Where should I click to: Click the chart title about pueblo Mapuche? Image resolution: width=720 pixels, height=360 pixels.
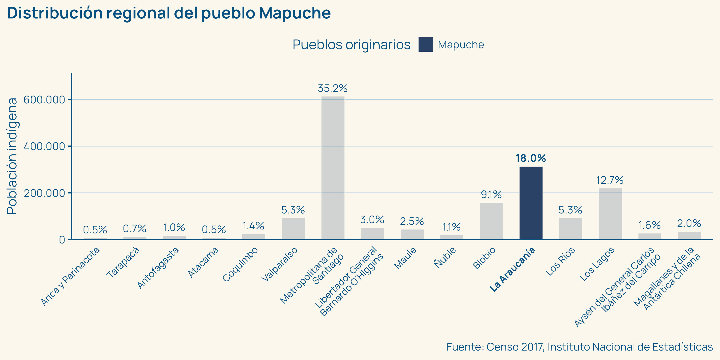[169, 13]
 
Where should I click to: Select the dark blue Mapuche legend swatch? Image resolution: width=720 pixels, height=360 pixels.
[426, 45]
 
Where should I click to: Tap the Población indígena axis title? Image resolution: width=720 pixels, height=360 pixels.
[12, 156]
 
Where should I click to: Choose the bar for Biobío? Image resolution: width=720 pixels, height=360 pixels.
[491, 221]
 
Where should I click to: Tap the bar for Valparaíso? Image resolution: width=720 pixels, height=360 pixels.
[293, 228]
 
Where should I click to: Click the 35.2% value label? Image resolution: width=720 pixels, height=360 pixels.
[333, 89]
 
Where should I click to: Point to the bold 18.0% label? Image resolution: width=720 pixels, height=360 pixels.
[531, 159]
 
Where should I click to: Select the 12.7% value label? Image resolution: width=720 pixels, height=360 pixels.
[610, 180]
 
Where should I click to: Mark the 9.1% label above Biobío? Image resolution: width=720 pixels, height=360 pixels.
[491, 195]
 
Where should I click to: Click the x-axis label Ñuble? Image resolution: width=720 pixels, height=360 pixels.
[445, 257]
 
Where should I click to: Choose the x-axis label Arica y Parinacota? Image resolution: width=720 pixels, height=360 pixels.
[70, 276]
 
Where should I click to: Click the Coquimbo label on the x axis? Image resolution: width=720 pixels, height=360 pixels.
[240, 264]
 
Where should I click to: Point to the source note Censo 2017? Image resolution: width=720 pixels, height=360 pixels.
[579, 347]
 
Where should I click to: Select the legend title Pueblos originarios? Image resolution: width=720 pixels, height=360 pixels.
[351, 45]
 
